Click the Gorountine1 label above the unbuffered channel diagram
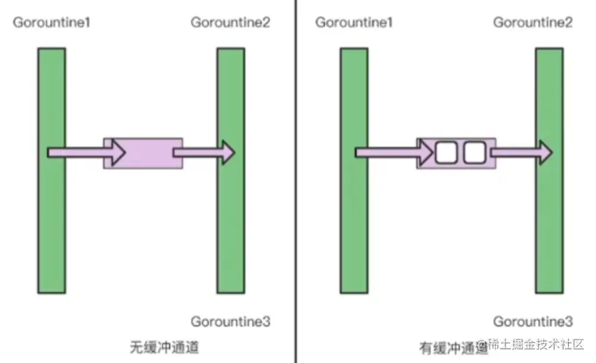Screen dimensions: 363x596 click(x=52, y=22)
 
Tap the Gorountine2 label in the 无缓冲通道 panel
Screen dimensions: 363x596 click(x=230, y=22)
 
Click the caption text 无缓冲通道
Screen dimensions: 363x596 click(x=164, y=347)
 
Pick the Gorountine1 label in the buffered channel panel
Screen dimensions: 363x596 click(x=354, y=22)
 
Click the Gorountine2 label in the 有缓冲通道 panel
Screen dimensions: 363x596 click(x=532, y=22)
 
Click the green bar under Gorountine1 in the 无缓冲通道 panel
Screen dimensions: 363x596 click(x=52, y=223)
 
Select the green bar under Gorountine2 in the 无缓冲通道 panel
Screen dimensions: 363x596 click(x=230, y=223)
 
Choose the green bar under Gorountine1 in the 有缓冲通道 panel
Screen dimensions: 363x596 click(x=354, y=223)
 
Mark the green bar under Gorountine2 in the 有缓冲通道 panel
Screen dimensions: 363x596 click(x=549, y=223)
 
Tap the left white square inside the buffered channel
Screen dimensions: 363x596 click(x=446, y=153)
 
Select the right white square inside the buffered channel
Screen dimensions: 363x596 click(x=474, y=153)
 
